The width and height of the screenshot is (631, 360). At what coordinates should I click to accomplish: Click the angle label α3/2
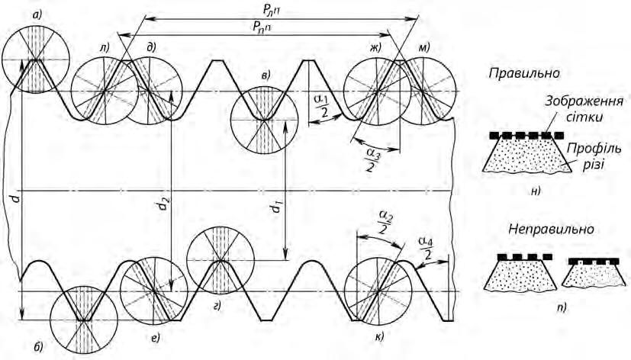point(372,160)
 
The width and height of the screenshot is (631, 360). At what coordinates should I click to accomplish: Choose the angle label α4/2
point(427,248)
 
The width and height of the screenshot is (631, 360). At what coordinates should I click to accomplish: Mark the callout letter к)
point(379,336)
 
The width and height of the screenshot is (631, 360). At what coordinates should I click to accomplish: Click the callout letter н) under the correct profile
point(534,191)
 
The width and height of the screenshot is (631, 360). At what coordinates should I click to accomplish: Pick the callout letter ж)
point(375,48)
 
